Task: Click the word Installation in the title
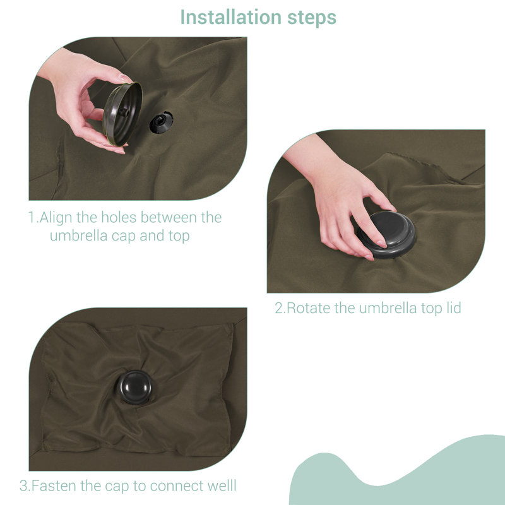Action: tap(231, 17)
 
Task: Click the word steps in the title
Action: tap(311, 18)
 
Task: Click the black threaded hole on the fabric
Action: tap(161, 122)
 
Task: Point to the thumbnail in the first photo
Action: tap(125, 78)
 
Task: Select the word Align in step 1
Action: tap(56, 218)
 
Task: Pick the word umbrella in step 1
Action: tap(78, 235)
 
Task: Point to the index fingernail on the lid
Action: tap(382, 244)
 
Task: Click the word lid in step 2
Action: tap(454, 307)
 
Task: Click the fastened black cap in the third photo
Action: tap(134, 387)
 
